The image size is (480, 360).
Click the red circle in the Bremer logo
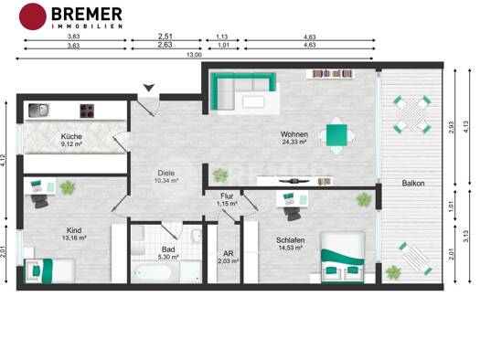click(x=33, y=16)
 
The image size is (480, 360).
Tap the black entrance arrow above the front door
click(x=149, y=88)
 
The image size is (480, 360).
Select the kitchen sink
click(x=39, y=111)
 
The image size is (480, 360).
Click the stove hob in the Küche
click(x=87, y=111)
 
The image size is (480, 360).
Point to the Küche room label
click(x=71, y=136)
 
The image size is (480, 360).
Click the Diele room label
click(x=166, y=173)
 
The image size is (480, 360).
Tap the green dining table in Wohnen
click(x=336, y=135)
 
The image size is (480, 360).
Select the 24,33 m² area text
click(x=294, y=142)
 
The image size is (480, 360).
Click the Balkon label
click(x=413, y=184)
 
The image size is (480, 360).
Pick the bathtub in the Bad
click(x=152, y=272)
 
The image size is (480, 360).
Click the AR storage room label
click(x=229, y=254)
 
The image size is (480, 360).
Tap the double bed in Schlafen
click(x=343, y=257)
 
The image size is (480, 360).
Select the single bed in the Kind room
click(x=49, y=270)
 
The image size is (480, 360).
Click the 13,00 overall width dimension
click(x=195, y=55)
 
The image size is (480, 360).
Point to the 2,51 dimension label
click(x=165, y=37)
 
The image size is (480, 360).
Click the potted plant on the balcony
click(x=393, y=272)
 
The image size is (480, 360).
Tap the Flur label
click(x=227, y=196)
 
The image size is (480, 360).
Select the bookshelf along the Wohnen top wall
click(x=330, y=74)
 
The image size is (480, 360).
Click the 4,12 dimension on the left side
click(x=3, y=160)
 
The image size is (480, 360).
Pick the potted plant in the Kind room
click(x=68, y=187)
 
